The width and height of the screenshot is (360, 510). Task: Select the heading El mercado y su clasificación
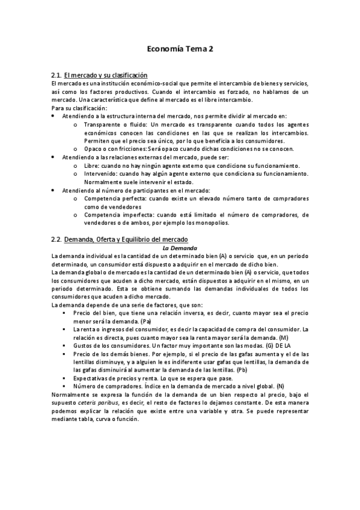[106, 75]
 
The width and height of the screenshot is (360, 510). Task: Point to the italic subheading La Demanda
[180, 247]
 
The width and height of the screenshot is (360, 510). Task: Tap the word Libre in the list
[93, 165]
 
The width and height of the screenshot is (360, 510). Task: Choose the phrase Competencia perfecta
[114, 198]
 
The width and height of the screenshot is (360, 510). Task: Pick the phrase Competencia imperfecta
[117, 214]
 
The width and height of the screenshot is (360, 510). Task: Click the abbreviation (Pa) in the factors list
[146, 322]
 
